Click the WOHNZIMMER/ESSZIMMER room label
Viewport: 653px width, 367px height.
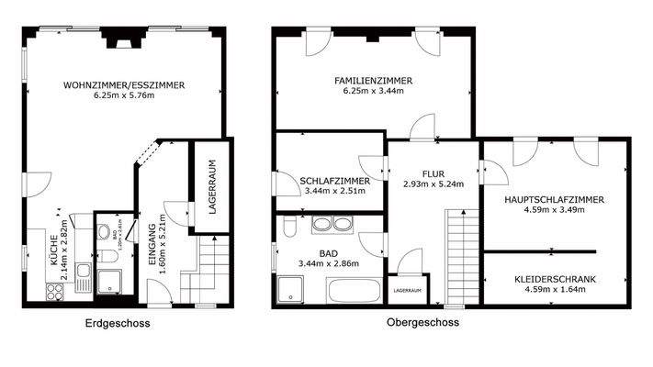(124, 85)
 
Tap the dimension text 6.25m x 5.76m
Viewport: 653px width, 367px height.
(124, 97)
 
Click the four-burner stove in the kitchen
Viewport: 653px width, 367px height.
(54, 291)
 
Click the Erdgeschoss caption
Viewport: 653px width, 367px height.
(117, 323)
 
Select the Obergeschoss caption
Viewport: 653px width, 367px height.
(423, 323)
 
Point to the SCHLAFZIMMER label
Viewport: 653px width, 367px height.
(335, 182)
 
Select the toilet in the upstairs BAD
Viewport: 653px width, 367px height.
(288, 226)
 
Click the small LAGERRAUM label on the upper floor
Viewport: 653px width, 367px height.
(408, 290)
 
